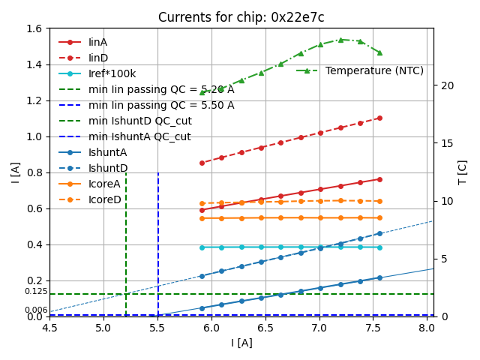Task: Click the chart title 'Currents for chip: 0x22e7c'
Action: pos(241,17)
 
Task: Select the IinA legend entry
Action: pos(97,42)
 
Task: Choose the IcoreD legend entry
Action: pos(104,199)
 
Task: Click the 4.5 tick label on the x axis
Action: pos(49,328)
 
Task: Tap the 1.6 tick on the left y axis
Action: pos(34,28)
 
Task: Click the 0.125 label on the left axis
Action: pos(35,291)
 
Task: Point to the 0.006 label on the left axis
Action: pos(35,310)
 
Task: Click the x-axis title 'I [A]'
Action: pos(241,343)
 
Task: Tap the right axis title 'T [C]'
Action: pos(463,172)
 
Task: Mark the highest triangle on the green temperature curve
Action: pos(340,40)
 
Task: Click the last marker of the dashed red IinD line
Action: pos(379,118)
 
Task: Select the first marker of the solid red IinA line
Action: pos(202,210)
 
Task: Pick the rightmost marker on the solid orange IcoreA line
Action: pos(379,217)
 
